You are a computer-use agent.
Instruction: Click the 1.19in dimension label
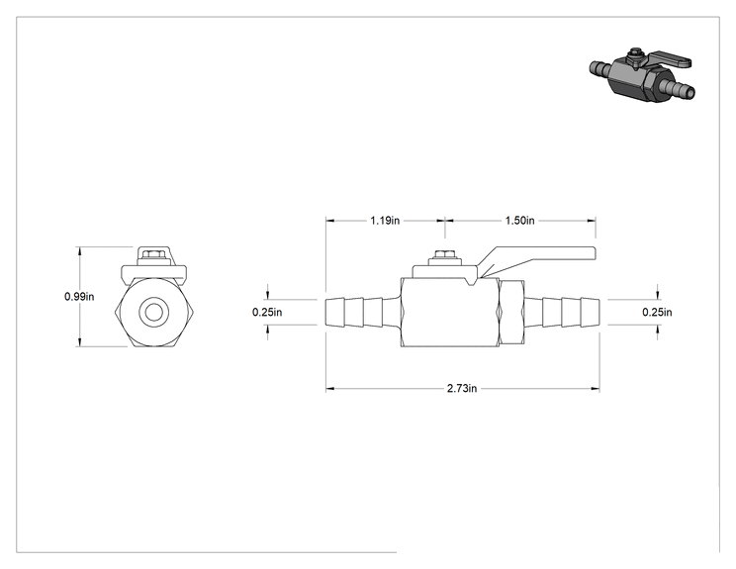(385, 221)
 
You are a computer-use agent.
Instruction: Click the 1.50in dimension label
(519, 221)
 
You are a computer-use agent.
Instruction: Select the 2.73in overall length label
(462, 388)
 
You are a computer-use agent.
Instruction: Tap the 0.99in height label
(79, 296)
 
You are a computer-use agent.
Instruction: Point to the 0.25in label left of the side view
(267, 312)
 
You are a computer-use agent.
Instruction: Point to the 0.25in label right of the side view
(657, 312)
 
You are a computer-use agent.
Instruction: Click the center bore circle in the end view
(153, 312)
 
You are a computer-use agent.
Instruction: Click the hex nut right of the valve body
(511, 312)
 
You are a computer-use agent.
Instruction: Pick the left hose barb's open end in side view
(326, 312)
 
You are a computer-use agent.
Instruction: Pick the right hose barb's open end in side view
(598, 312)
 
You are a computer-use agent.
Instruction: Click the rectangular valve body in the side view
(450, 312)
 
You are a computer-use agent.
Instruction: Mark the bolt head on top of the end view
(153, 254)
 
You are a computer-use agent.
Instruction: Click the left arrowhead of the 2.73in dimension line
(330, 388)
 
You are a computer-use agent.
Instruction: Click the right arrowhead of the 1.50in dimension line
(592, 221)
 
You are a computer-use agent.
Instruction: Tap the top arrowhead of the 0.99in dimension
(80, 251)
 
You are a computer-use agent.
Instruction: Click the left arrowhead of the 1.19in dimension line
(330, 221)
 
